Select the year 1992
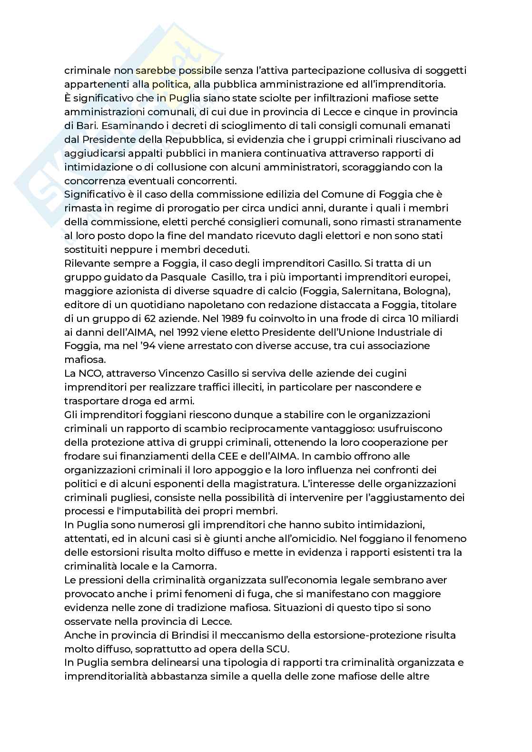coord(197,332)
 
